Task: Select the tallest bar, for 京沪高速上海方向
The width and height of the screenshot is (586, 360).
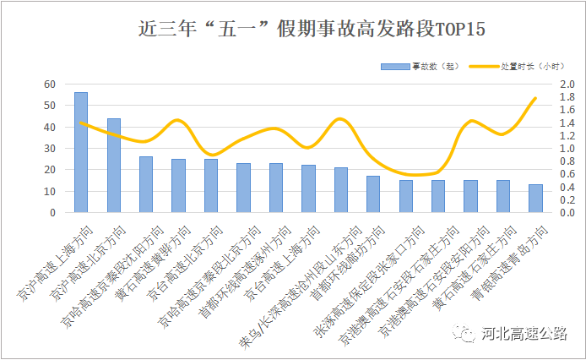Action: pos(81,152)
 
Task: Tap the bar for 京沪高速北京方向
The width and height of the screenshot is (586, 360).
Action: pos(114,165)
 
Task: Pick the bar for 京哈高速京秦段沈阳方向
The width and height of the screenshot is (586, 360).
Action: pos(146,184)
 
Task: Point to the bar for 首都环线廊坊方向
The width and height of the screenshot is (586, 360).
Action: pos(373,194)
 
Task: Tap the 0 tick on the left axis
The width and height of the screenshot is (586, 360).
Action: pos(52,212)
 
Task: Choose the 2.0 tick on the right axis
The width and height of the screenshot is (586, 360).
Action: pos(566,84)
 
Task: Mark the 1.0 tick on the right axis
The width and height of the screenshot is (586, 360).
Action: pos(566,148)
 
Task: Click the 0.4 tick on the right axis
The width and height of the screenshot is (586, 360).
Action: pos(566,187)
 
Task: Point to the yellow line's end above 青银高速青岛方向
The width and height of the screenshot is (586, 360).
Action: pos(535,98)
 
